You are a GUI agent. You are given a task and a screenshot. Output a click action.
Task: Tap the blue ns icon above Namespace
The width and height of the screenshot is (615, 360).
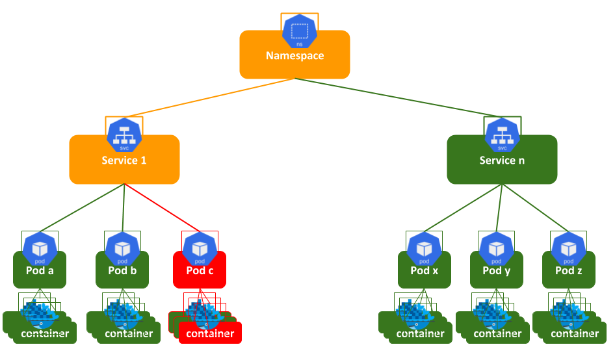299,30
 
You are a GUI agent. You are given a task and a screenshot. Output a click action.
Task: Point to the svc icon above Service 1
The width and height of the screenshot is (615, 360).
124,134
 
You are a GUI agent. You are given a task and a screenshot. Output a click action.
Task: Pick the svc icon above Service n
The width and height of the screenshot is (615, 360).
502,134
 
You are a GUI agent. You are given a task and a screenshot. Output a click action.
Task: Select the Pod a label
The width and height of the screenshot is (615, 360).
40,270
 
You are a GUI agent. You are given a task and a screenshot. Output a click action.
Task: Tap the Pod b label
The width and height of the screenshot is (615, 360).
122,270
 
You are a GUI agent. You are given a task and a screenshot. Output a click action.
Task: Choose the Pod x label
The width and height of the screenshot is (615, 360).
425,270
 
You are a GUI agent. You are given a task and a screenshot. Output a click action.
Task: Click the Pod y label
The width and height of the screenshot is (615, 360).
497,270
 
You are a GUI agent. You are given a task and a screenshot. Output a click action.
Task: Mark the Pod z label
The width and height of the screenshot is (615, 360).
569,270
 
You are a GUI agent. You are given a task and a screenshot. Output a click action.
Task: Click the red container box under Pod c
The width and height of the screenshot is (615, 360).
210,333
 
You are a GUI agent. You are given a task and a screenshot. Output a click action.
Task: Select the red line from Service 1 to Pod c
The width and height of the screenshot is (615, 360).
163,208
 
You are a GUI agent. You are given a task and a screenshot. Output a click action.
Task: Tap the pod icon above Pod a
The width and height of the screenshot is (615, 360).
40,248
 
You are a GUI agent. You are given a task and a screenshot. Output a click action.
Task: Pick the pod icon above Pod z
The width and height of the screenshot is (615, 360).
569,248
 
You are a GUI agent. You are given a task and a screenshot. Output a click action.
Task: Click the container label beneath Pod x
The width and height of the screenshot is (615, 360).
421,334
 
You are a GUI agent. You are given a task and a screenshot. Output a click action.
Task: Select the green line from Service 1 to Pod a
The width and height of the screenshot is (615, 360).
83,208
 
